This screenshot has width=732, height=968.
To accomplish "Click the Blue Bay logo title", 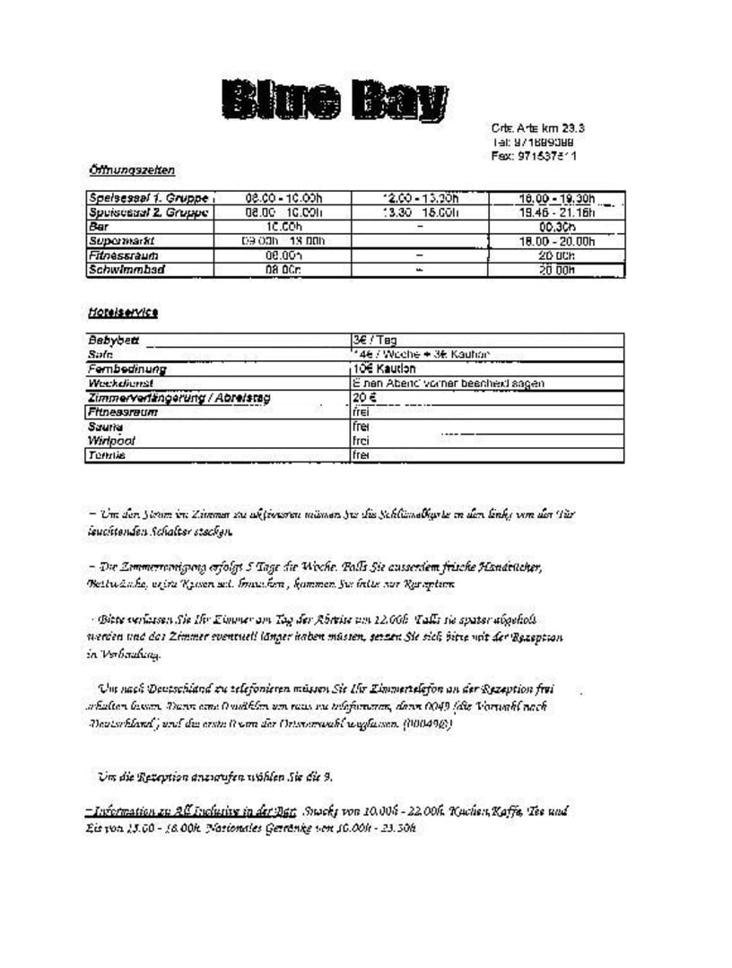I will click(335, 100).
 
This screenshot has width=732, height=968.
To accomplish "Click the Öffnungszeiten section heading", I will click(131, 169).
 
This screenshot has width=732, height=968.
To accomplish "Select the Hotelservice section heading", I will click(123, 312).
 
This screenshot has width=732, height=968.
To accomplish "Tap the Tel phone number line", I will click(533, 143).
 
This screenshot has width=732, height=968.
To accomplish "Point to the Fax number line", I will click(534, 156).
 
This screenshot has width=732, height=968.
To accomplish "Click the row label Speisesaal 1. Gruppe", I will click(148, 198).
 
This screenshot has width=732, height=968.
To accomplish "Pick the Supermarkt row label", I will click(122, 241).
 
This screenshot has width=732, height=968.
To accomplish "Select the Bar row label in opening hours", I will click(98, 227).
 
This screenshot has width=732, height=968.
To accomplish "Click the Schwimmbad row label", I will click(126, 269).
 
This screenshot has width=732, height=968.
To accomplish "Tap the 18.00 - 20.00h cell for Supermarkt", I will click(556, 241).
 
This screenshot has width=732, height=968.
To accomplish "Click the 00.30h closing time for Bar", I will click(556, 227).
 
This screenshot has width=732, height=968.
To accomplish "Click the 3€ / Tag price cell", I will click(375, 341).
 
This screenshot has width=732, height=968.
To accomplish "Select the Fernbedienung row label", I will click(127, 368).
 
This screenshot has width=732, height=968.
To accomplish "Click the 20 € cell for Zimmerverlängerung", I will click(364, 397).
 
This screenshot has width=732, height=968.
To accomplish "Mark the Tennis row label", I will click(107, 455).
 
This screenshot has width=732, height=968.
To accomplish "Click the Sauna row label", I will click(105, 427).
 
